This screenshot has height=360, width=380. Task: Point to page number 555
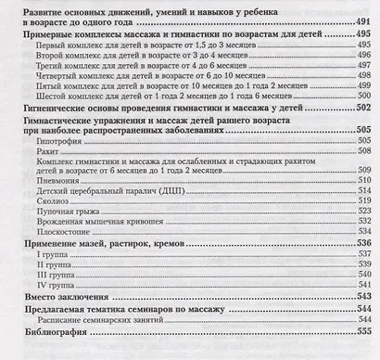362,331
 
